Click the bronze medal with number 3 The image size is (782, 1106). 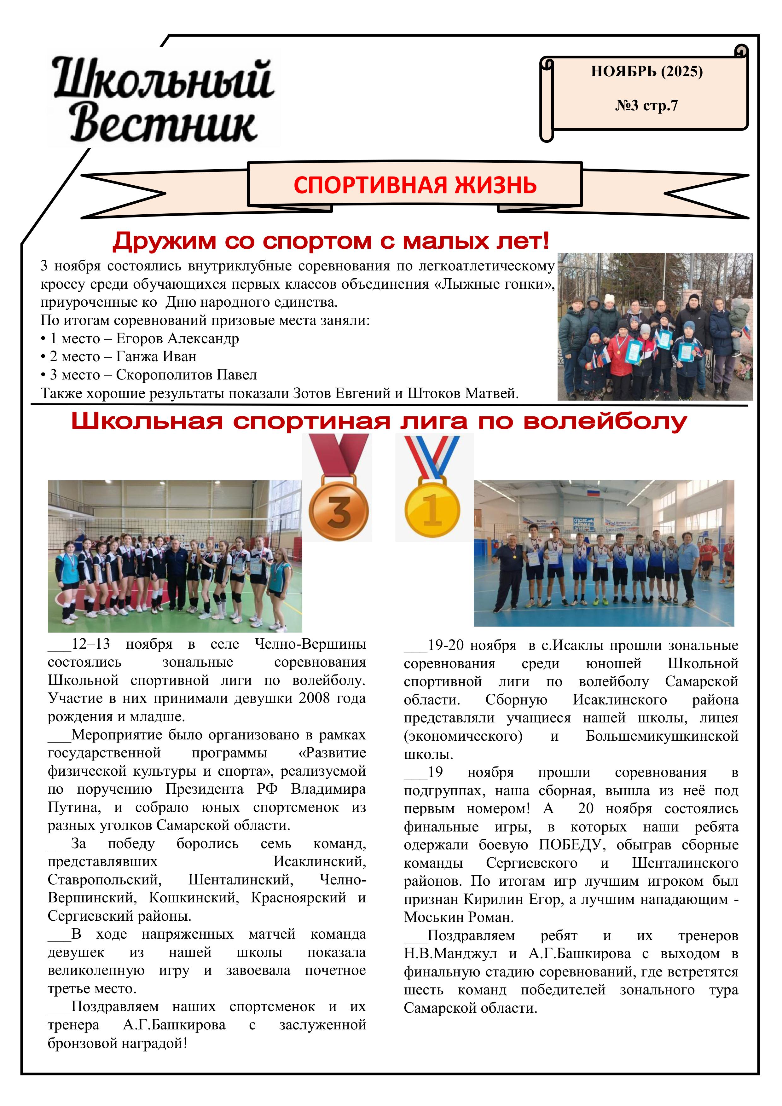click(338, 511)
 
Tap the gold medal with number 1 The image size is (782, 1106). click(432, 510)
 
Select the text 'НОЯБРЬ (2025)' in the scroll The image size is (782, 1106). click(646, 72)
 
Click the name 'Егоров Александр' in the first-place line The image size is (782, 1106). click(177, 339)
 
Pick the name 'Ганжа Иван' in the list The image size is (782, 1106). click(156, 356)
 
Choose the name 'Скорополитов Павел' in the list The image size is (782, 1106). click(187, 375)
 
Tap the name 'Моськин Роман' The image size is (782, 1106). click(458, 917)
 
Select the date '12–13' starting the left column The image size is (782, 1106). click(90, 644)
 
